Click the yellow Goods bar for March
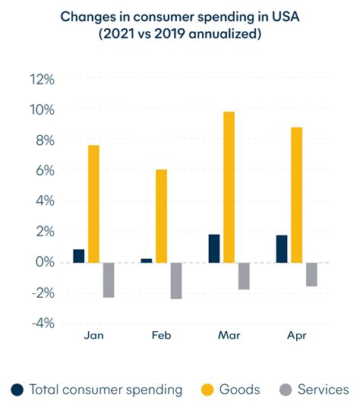pos(229,187)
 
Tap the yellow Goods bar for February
pos(161,216)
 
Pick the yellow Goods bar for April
pos(296,195)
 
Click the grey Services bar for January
pos(109,279)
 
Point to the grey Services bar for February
pos(176,280)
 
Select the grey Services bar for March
pos(244,276)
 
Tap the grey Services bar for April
pos(311,274)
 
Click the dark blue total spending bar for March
pos(214,248)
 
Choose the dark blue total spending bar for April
pos(282,249)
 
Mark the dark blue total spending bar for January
pos(79,256)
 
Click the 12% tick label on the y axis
pos(41,80)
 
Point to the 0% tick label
pos(43,263)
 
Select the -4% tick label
pos(42,323)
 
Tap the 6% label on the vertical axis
pos(43,172)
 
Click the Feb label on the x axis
pos(161,336)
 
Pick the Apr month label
pos(296,336)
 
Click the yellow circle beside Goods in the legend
pos(206,390)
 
